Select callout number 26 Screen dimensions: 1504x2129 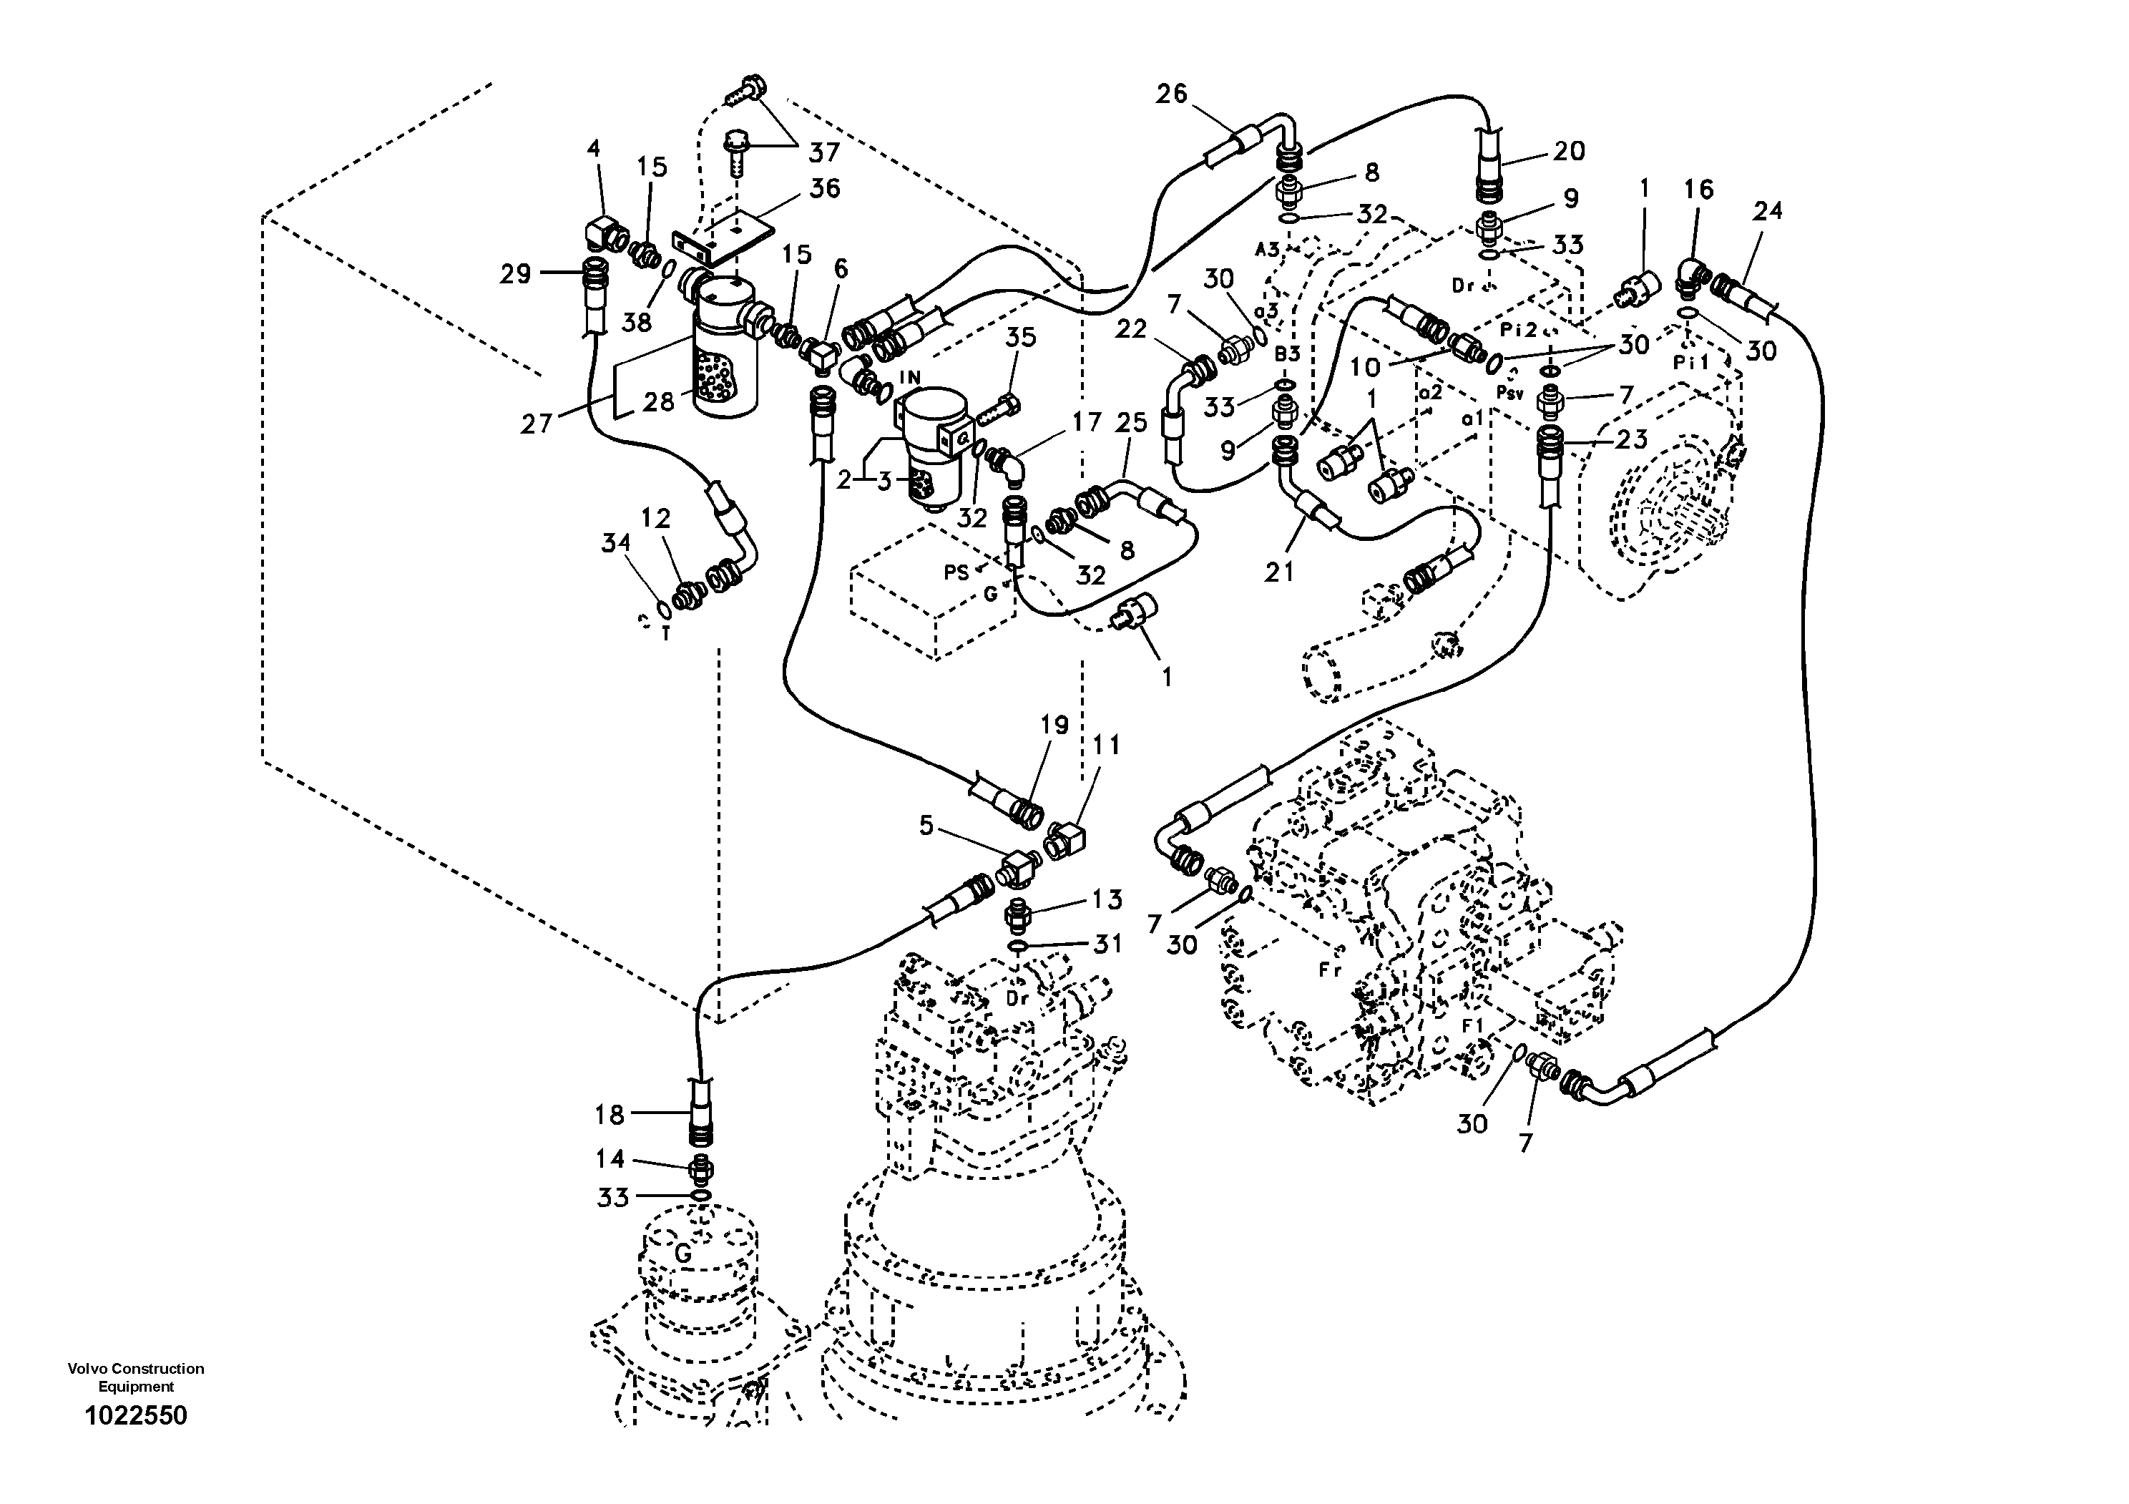pyautogui.click(x=1171, y=94)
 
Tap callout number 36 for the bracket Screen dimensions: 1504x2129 pyautogui.click(x=823, y=188)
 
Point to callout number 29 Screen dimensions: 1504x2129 pyautogui.click(x=516, y=273)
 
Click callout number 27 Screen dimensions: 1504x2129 pyautogui.click(x=536, y=424)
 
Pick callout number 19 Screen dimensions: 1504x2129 pyautogui.click(x=1054, y=724)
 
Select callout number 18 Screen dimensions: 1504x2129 pyautogui.click(x=610, y=1115)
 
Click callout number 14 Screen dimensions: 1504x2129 pyautogui.click(x=610, y=1159)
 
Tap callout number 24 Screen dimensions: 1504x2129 pyautogui.click(x=1767, y=211)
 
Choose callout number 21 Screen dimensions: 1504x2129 pyautogui.click(x=1280, y=572)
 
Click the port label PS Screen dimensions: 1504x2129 pyautogui.click(x=956, y=572)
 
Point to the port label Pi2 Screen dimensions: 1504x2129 pyautogui.click(x=1519, y=329)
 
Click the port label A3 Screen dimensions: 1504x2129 pyautogui.click(x=1268, y=248)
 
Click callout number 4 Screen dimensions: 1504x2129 pyautogui.click(x=594, y=148)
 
